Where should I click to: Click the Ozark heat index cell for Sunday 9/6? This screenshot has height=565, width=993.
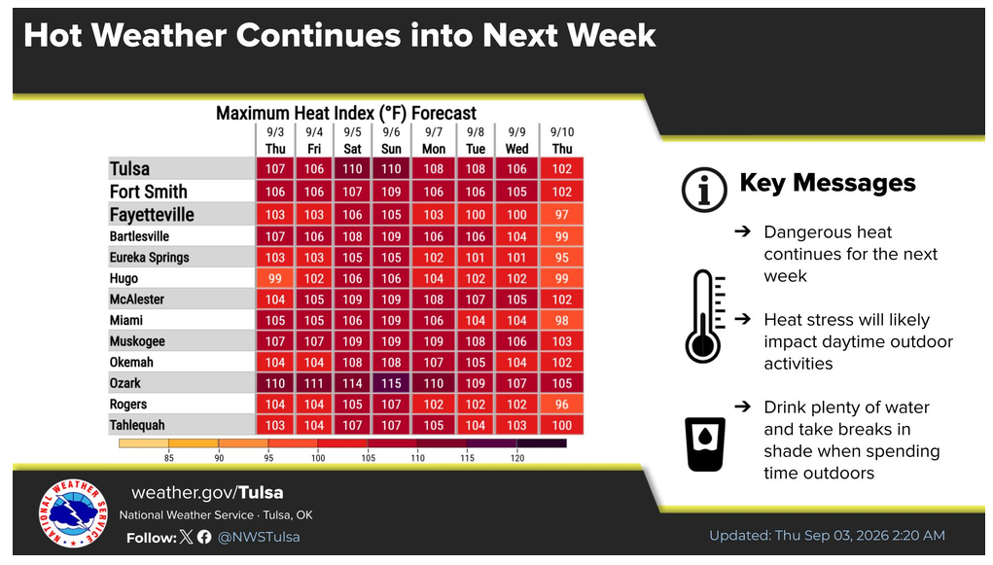[391, 383]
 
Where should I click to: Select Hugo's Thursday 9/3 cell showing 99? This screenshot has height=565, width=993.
[275, 278]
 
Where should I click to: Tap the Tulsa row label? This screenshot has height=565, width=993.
[129, 169]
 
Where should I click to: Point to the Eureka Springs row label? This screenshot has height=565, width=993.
[150, 257]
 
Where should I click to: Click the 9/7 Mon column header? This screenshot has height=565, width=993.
[433, 141]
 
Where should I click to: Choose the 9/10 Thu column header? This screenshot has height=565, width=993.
[562, 141]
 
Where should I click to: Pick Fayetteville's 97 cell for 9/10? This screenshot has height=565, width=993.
[562, 215]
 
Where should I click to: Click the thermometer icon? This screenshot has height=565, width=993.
[705, 316]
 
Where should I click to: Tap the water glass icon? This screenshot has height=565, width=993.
[705, 444]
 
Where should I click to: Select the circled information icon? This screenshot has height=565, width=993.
[703, 190]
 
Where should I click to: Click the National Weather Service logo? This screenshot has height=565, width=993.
[73, 513]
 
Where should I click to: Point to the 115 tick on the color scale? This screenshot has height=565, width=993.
[468, 457]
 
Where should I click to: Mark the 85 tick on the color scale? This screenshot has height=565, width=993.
[168, 457]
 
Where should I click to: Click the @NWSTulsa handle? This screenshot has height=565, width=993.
[259, 537]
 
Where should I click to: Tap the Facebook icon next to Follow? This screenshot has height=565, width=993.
[204, 537]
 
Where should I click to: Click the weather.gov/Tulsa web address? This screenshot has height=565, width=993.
[207, 493]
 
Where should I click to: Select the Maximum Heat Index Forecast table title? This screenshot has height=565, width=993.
[346, 114]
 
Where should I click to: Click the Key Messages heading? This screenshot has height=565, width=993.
[827, 183]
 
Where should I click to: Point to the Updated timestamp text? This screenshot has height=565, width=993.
[827, 536]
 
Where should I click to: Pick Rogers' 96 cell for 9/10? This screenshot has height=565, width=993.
[562, 405]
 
